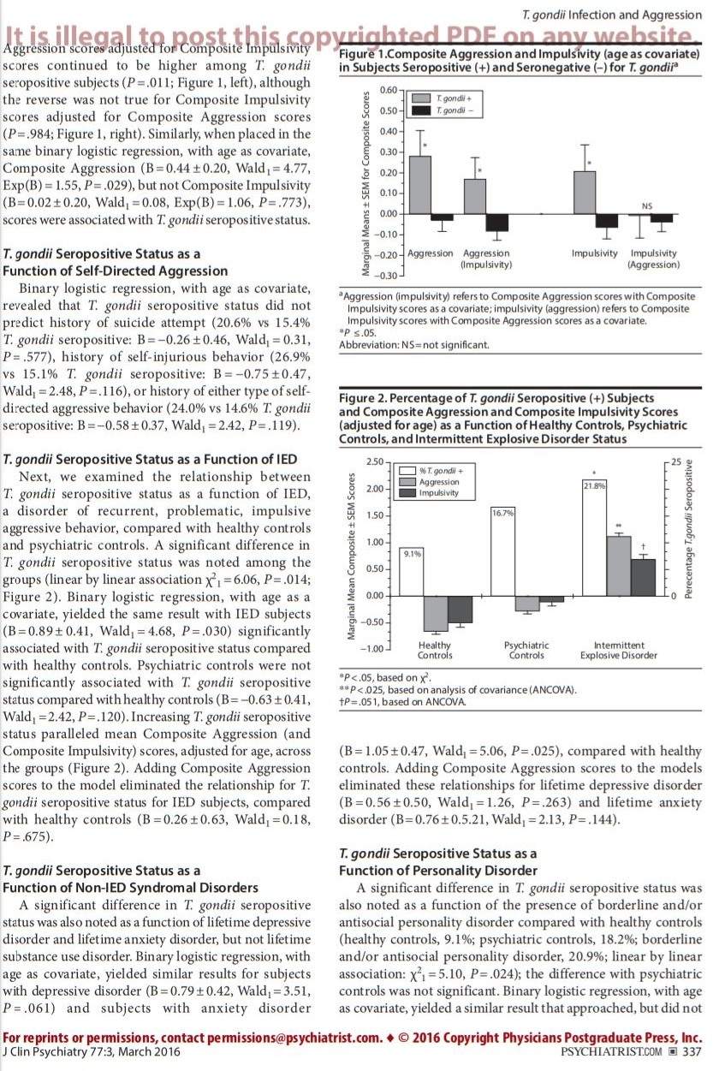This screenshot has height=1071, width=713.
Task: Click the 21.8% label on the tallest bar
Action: coord(594,485)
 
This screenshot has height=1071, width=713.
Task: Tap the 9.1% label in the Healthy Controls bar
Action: coord(412,554)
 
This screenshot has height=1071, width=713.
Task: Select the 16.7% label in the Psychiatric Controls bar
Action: coord(503,512)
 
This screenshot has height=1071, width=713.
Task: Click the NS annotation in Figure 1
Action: coord(646,205)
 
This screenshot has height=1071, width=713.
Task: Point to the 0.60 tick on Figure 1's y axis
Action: coord(387,90)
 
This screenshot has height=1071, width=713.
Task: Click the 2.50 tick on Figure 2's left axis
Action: coord(373,462)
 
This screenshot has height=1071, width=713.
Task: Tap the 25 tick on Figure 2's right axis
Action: coord(675,462)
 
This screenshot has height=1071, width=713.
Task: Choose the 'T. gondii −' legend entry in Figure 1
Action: coord(448,111)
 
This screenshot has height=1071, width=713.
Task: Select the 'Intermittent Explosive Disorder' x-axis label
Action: coord(618,651)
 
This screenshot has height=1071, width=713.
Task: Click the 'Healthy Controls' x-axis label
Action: coord(435,651)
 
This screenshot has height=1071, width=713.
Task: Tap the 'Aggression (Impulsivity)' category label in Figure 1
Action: coord(485,259)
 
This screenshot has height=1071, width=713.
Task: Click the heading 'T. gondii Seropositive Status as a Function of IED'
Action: coord(150,460)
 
